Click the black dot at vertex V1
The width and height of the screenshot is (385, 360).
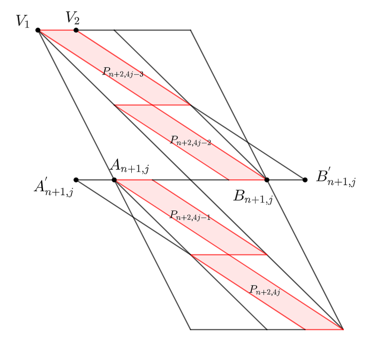coord(38,30)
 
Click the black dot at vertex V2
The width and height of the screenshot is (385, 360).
coord(76,30)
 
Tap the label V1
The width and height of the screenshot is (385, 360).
coord(23,21)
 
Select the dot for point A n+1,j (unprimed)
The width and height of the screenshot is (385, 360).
coord(114,180)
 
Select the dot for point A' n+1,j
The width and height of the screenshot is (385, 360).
coord(76,180)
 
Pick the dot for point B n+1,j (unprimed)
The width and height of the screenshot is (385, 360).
coord(267,180)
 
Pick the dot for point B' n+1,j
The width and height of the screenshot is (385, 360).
coord(305,180)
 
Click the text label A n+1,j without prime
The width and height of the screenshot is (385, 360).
coord(130,166)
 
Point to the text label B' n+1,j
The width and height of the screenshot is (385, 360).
coord(336,177)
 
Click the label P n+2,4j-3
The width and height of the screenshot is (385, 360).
coord(123,72)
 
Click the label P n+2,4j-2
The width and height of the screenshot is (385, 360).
coord(191,141)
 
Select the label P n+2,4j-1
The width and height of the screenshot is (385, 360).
coord(190,216)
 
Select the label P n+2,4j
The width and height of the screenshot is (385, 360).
coord(265,290)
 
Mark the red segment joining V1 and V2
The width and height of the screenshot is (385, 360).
coord(57,30)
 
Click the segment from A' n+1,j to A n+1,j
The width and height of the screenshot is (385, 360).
coord(95,180)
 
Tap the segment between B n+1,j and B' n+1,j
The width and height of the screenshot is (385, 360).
coord(286,180)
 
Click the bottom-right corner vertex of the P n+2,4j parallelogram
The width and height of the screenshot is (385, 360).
coord(343,329)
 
